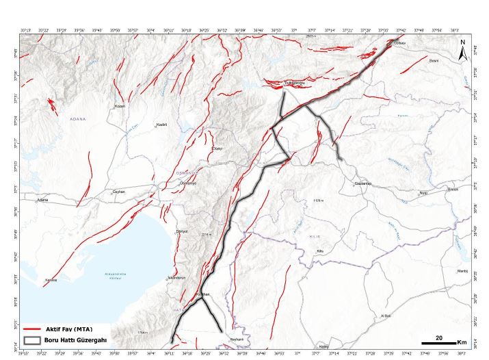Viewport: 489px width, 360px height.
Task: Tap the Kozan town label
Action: click(x=120, y=106)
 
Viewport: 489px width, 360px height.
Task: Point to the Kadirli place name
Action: click(x=162, y=125)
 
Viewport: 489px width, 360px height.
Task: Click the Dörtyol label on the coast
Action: click(x=182, y=231)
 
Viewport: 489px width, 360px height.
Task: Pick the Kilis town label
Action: click(x=319, y=251)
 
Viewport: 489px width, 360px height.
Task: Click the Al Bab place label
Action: click(x=385, y=316)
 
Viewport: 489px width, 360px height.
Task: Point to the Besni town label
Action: click(x=432, y=61)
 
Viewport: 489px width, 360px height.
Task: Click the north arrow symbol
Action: click(x=462, y=49)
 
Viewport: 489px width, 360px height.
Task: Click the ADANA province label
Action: click(x=78, y=118)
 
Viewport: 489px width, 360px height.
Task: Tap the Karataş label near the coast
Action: click(x=50, y=281)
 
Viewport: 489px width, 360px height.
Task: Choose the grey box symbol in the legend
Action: click(x=32, y=339)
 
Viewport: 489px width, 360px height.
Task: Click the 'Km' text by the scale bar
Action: click(x=462, y=341)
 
